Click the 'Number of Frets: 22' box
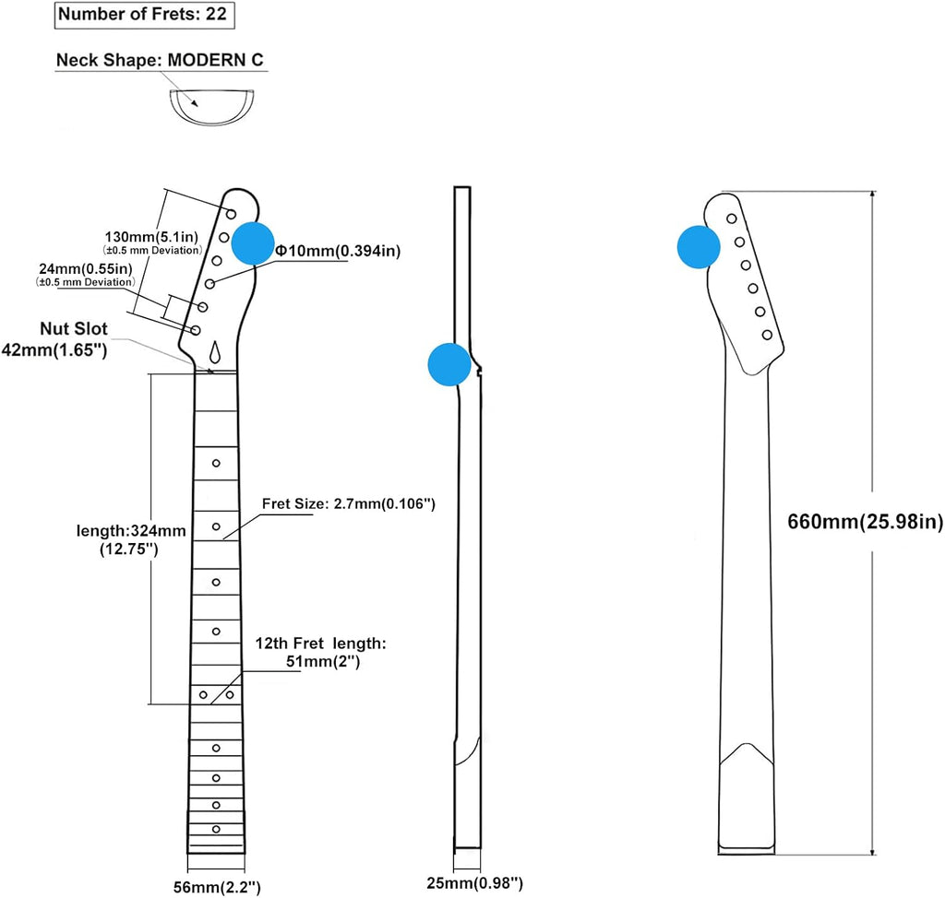tap(145, 15)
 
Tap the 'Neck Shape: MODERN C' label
tap(160, 60)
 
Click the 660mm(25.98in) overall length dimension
tap(865, 522)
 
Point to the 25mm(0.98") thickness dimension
tap(475, 883)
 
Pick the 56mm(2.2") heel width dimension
tap(217, 887)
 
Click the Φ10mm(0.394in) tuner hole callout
tap(338, 251)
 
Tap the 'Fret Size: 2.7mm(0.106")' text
tap(348, 503)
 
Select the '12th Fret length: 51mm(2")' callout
tap(320, 652)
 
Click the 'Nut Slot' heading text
tap(74, 329)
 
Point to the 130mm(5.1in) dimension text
tap(151, 237)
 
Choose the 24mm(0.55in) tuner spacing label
tap(86, 268)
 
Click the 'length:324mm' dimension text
tap(131, 531)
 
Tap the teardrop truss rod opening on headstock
tap(215, 352)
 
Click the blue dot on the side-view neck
tap(449, 364)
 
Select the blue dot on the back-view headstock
tap(699, 247)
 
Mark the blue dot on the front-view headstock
tap(253, 242)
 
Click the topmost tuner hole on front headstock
tap(231, 214)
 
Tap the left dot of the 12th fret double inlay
tap(203, 695)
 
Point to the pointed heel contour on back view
tap(747, 754)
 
